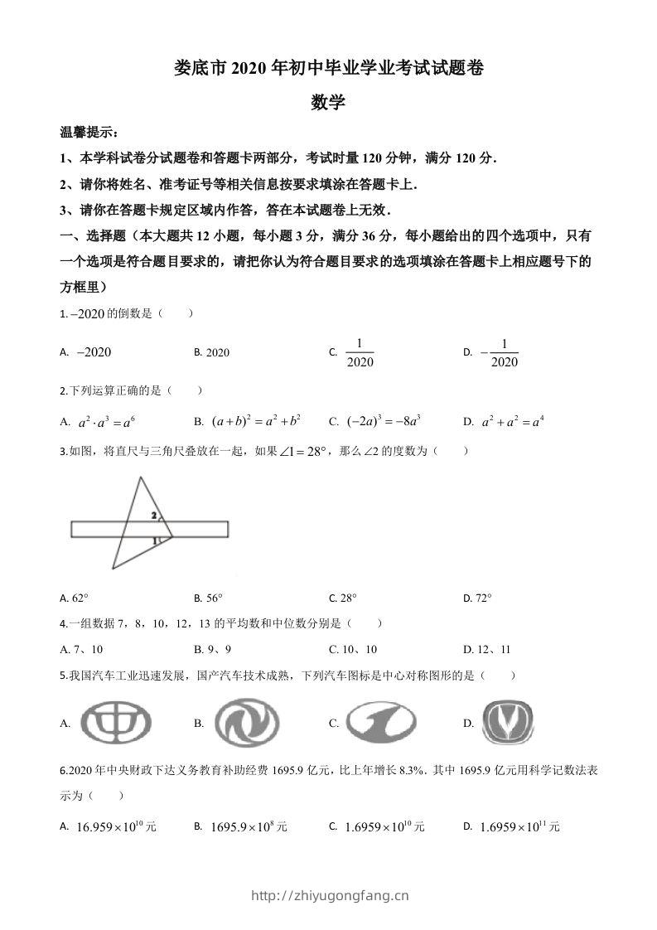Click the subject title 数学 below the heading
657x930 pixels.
328,103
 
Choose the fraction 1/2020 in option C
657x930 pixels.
360,352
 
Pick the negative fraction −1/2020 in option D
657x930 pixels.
499,352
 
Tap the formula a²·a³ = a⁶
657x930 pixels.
106,422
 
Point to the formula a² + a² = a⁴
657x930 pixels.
513,422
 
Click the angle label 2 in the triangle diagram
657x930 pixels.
153,515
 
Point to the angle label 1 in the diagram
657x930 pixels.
154,541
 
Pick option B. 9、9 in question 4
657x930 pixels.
212,649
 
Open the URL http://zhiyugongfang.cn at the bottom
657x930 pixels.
329,895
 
